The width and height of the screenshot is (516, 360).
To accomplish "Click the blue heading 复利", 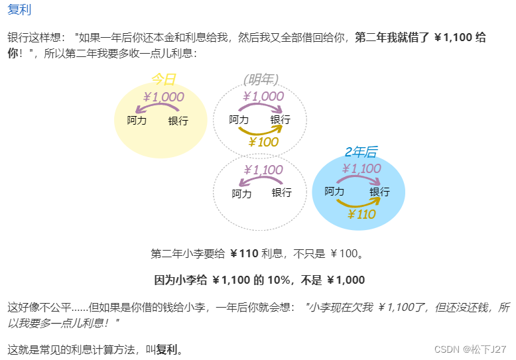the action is pyautogui.click(x=19, y=10).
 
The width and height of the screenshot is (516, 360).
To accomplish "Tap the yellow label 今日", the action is pyautogui.click(x=163, y=80).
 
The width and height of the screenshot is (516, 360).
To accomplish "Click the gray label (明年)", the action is pyautogui.click(x=261, y=80).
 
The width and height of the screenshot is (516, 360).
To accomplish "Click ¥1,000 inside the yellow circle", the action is pyautogui.click(x=163, y=97).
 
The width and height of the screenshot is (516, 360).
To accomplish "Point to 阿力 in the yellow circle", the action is pyautogui.click(x=137, y=121).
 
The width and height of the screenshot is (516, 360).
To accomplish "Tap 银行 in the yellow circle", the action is pyautogui.click(x=178, y=121).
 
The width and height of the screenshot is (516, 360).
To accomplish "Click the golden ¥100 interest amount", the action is pyautogui.click(x=263, y=142).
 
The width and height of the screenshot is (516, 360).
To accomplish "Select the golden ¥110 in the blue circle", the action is pyautogui.click(x=361, y=214).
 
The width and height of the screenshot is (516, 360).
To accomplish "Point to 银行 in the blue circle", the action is pyautogui.click(x=379, y=192).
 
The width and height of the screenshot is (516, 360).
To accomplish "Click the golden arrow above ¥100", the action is pyautogui.click(x=261, y=131).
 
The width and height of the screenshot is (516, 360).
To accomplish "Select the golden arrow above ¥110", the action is pyautogui.click(x=359, y=204).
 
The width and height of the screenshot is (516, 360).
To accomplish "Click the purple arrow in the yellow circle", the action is pyautogui.click(x=161, y=108).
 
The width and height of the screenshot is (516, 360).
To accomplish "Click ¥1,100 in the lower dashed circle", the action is pyautogui.click(x=263, y=170).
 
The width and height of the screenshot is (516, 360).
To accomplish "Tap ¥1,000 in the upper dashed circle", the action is pyautogui.click(x=263, y=97).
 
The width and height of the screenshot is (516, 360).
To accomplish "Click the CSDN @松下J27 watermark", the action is pyautogui.click(x=470, y=349).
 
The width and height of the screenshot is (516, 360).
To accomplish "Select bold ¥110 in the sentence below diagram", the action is pyautogui.click(x=244, y=253).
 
